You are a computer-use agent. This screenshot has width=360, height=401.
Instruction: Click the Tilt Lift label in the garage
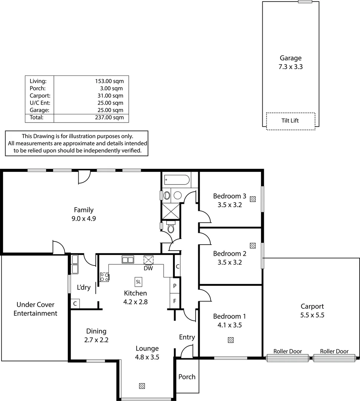click(290, 120)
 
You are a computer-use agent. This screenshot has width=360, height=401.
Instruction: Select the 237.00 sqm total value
click(109, 117)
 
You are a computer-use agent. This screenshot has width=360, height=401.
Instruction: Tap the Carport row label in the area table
click(37, 95)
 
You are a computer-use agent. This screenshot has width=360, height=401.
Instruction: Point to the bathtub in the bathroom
click(177, 180)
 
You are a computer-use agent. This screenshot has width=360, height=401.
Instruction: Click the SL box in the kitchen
click(138, 282)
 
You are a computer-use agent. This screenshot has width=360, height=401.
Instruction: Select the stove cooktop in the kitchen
click(104, 277)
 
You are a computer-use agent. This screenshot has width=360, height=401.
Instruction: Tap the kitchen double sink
click(128, 260)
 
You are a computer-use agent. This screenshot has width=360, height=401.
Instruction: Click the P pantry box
click(174, 286)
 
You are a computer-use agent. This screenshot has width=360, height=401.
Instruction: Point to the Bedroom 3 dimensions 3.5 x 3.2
click(227, 204)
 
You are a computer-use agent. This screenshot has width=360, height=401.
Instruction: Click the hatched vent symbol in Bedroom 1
click(231, 340)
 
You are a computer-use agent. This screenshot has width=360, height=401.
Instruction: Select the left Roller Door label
click(288, 351)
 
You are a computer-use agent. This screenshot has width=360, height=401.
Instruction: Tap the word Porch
click(187, 377)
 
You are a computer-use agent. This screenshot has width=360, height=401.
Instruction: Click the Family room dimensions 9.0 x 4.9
click(84, 219)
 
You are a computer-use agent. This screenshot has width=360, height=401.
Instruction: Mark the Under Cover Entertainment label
click(35, 309)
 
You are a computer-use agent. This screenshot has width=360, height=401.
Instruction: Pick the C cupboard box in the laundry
click(75, 304)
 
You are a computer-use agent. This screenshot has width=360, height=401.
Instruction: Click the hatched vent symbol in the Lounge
click(142, 386)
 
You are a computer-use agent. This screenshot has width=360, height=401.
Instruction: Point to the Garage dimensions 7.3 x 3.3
click(290, 67)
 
